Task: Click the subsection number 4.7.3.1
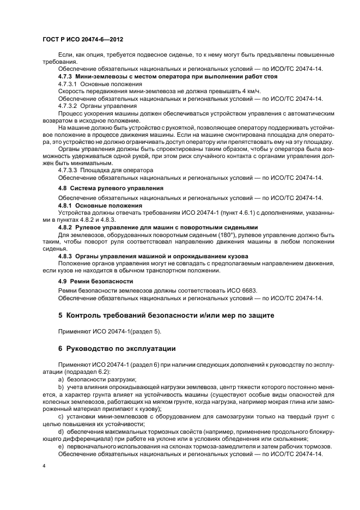69,84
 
